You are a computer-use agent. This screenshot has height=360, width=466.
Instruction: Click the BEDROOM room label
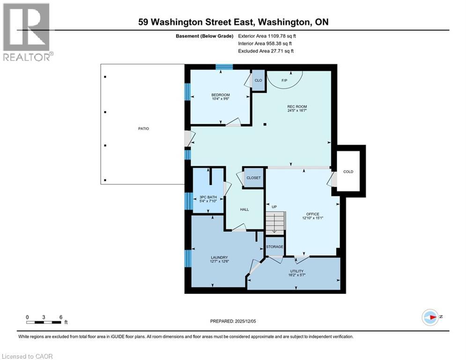220,95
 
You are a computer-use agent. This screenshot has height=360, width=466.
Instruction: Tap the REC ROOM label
297,107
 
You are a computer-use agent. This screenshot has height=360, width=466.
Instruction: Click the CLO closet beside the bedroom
258,80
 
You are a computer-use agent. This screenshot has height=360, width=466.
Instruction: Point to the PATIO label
143,128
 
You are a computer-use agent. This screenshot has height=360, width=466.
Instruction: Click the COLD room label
348,172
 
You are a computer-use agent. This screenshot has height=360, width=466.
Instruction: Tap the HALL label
244,210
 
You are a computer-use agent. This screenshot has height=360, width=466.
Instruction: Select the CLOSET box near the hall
253,178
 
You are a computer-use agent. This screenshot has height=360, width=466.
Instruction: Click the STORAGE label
275,247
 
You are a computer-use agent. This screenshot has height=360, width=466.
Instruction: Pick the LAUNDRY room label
219,257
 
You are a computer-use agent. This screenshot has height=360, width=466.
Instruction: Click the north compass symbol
430,317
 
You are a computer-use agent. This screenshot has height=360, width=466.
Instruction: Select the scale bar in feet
44,322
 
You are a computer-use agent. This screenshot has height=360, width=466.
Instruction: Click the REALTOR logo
27,31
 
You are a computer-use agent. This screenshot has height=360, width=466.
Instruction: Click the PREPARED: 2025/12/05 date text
233,321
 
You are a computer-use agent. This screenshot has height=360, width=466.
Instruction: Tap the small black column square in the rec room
265,125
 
